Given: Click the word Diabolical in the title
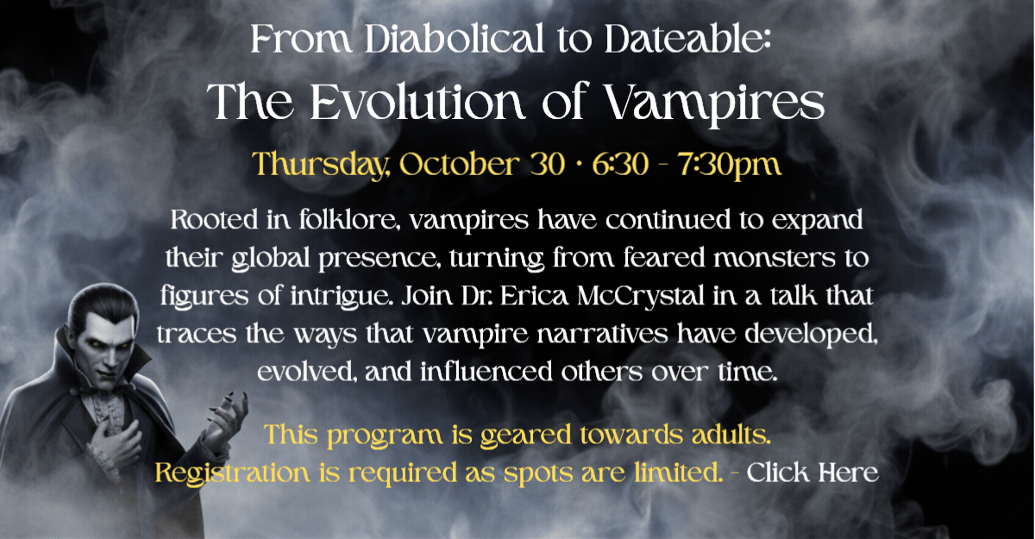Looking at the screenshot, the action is coord(455,39).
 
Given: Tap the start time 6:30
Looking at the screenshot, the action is coord(620,165).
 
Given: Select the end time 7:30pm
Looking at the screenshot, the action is coord(730,166).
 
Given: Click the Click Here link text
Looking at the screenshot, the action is coord(812,473).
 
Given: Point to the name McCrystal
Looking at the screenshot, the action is coord(641,296).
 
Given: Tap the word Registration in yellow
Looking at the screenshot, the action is coord(232,473).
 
